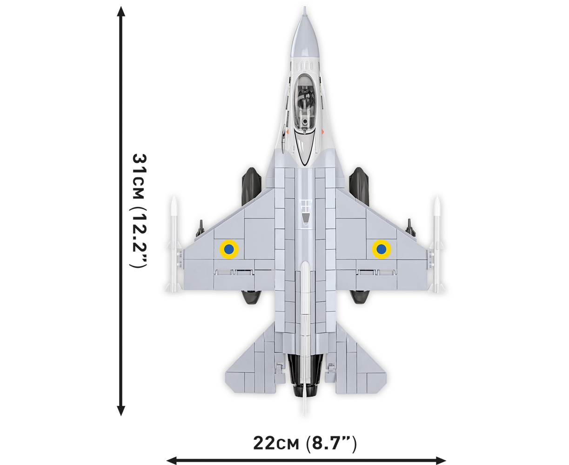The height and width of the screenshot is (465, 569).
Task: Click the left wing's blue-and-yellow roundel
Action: [x=229, y=249]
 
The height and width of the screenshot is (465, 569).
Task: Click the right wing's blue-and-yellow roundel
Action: [x=381, y=249]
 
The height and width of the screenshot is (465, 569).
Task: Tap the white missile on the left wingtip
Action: [x=174, y=244]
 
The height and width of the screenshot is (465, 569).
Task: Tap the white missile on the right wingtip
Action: [x=437, y=244]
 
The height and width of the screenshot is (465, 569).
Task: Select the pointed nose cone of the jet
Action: [x=305, y=35]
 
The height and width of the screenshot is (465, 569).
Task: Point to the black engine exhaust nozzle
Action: [x=305, y=375]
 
